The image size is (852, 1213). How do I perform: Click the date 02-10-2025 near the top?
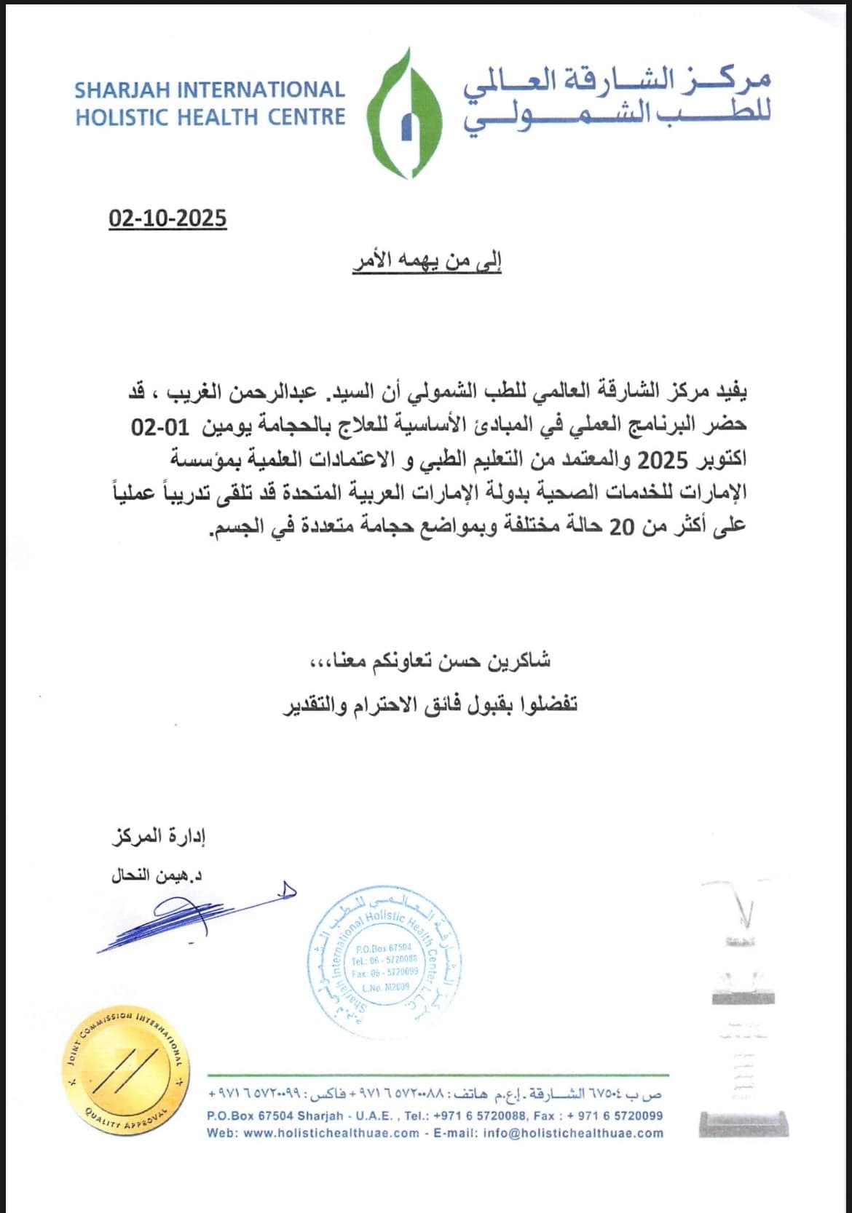[167, 218]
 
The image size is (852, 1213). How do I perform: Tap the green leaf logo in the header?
[403, 113]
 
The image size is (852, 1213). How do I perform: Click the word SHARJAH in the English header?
[122, 90]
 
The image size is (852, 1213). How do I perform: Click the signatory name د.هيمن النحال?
[157, 875]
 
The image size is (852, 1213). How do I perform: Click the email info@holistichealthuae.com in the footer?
[573, 1132]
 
